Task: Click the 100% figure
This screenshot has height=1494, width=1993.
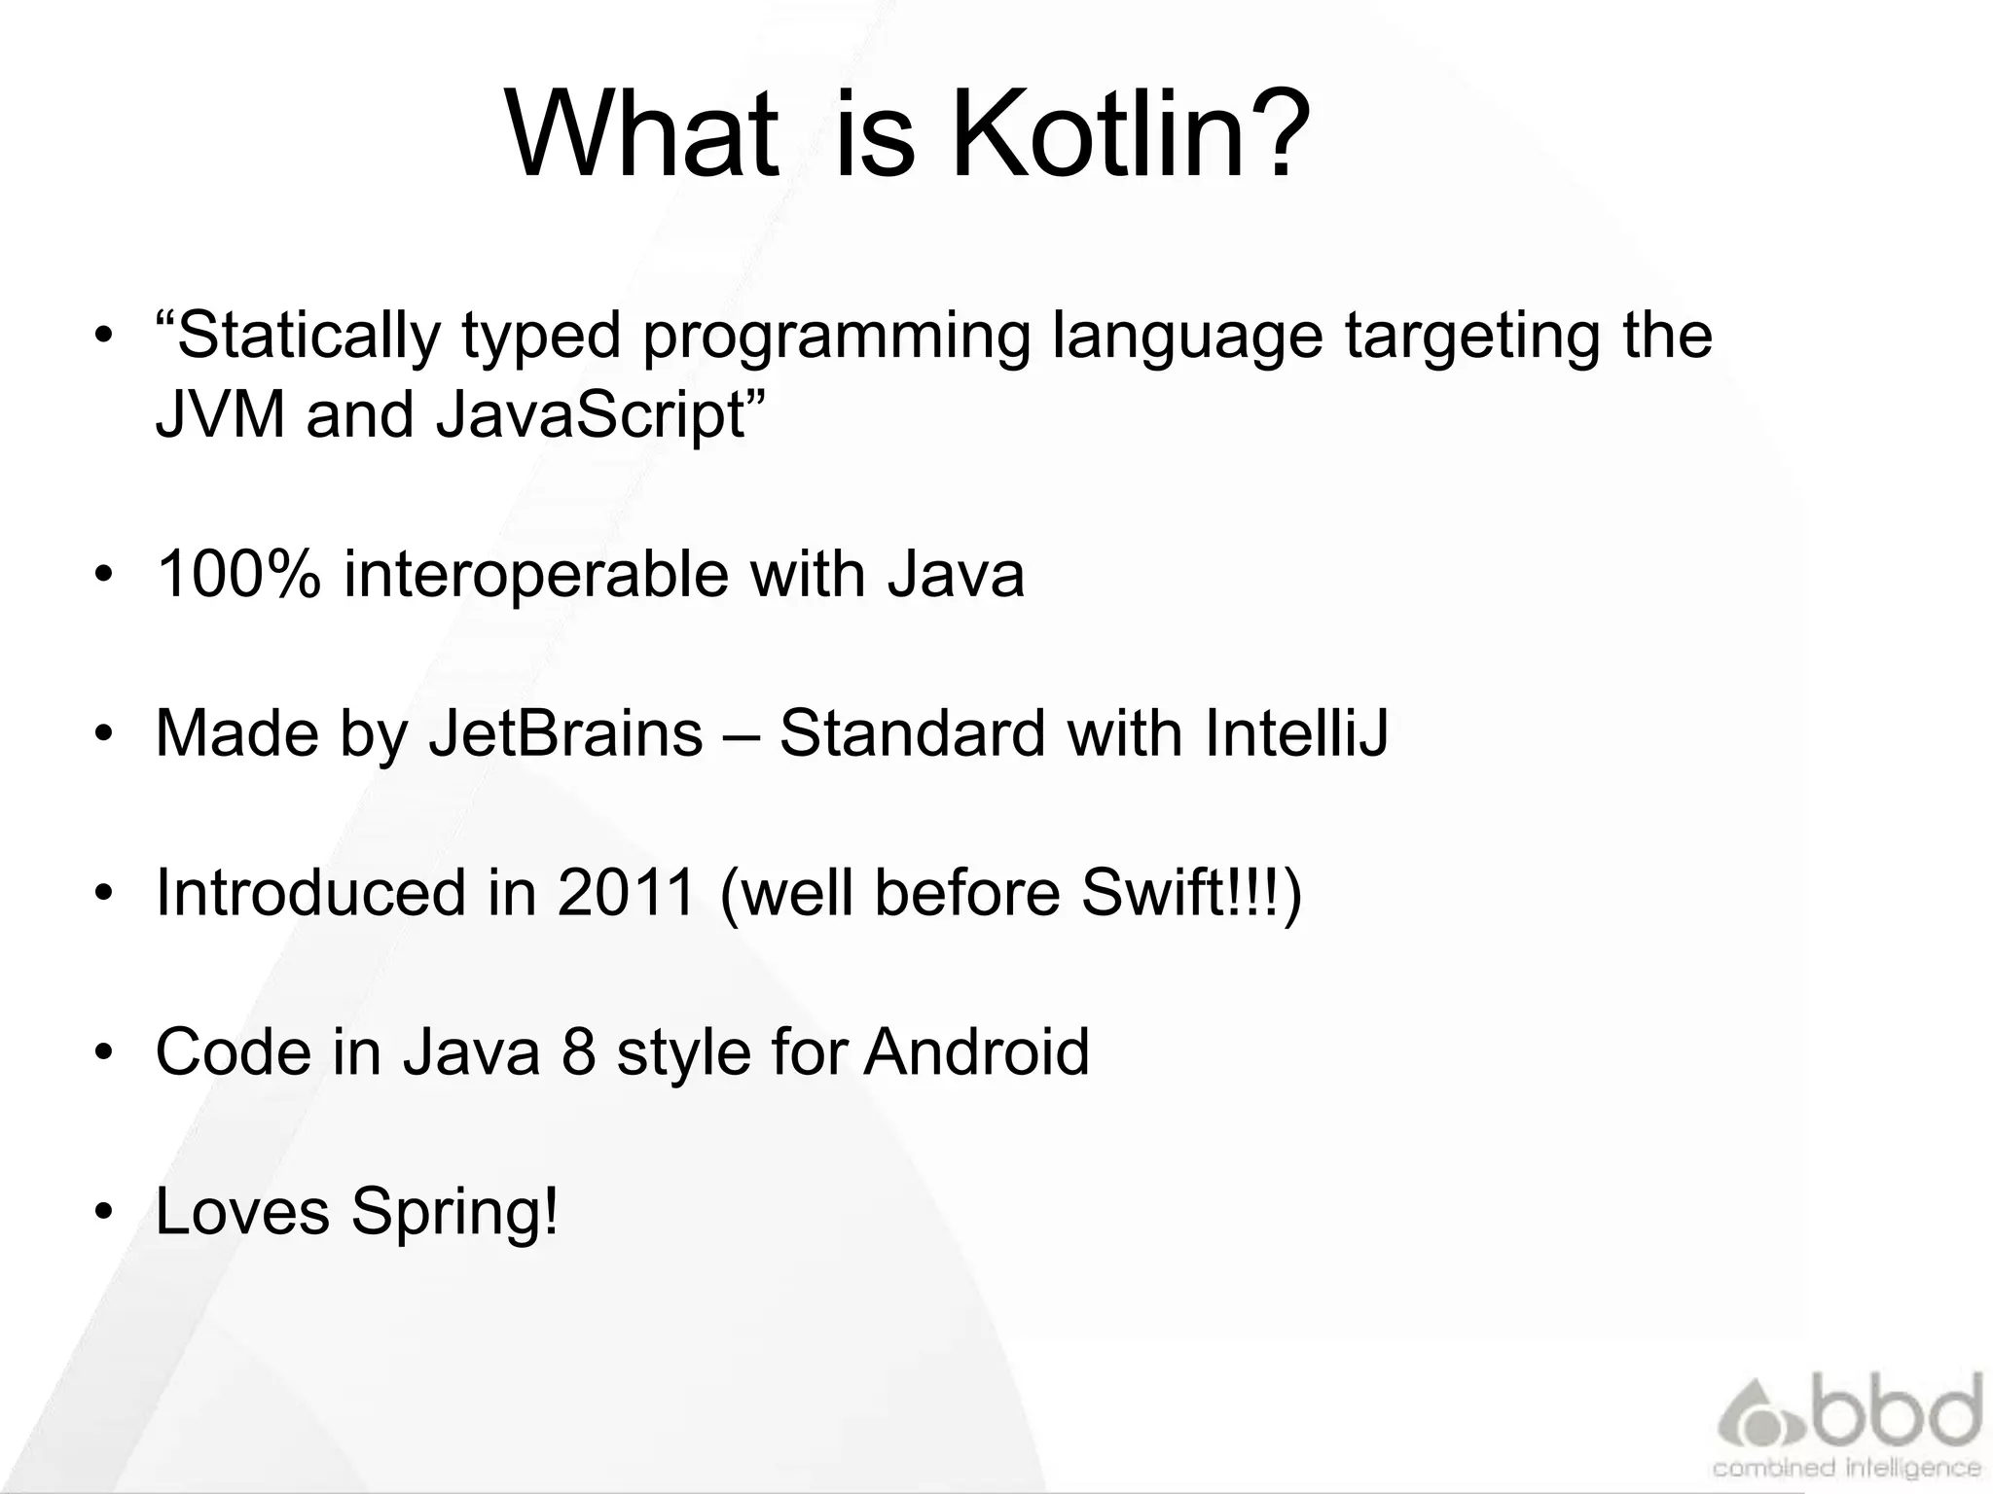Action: (238, 574)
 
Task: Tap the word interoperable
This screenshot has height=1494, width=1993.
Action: (534, 574)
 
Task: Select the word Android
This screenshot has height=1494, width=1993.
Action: (976, 1051)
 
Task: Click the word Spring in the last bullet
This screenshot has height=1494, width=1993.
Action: (454, 1212)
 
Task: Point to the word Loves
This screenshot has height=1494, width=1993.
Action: (242, 1211)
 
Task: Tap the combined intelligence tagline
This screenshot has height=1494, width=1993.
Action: (1845, 1467)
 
